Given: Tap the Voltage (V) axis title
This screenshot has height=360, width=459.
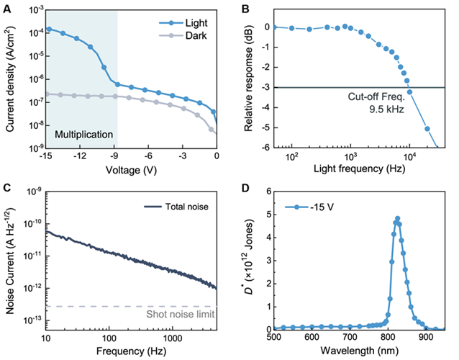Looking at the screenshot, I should pos(130,171).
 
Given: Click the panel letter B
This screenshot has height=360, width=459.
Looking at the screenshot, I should pos(242,8).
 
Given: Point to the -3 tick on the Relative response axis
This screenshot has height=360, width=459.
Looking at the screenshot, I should pos(268,87).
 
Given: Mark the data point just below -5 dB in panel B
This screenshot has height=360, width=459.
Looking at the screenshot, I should pos(427,129).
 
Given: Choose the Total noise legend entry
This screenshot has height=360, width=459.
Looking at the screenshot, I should pos(177,207).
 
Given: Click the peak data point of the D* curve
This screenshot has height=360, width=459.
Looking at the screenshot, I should pos(397,218).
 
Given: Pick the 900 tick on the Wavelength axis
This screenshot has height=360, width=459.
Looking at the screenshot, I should pos(427,336).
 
